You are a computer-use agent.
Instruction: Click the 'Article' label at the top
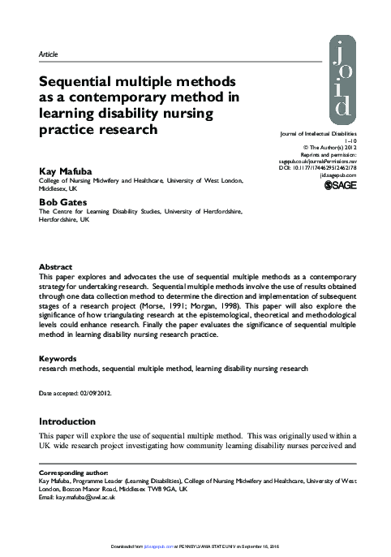49,54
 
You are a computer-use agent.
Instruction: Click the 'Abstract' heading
56,267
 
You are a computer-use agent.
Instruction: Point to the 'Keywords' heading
58,358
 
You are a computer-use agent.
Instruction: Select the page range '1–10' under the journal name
347,141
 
